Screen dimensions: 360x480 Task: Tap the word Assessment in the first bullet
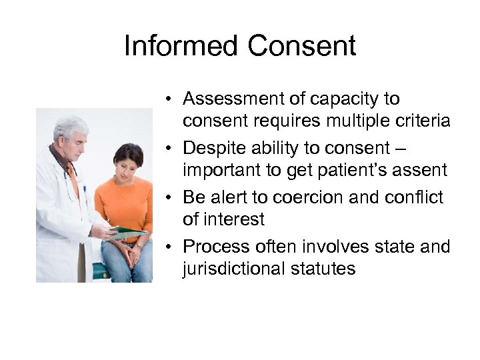coord(233,99)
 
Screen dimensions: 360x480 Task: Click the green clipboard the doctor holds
coord(127,233)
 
